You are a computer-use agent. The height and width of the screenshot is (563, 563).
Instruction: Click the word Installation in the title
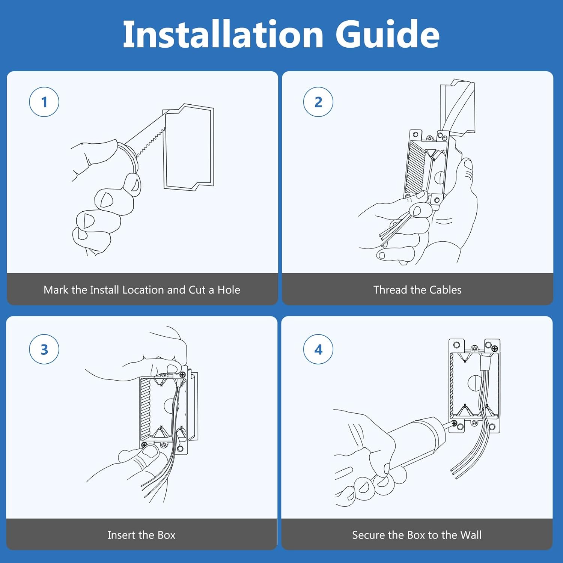[223, 35]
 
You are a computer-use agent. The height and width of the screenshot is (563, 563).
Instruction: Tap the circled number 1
[44, 102]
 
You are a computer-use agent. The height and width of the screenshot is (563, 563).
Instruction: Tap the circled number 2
[318, 102]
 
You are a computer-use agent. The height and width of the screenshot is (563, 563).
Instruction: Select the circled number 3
[44, 349]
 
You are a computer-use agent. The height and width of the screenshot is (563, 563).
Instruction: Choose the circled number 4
[318, 349]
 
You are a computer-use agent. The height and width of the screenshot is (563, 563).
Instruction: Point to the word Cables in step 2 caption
[445, 290]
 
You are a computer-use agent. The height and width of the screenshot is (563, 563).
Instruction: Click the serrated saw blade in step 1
[150, 143]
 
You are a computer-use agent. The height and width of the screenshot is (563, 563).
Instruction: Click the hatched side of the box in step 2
[415, 167]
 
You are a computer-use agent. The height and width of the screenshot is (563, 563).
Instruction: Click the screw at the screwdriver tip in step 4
[455, 423]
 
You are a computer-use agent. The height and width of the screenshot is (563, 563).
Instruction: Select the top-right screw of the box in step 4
[495, 349]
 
